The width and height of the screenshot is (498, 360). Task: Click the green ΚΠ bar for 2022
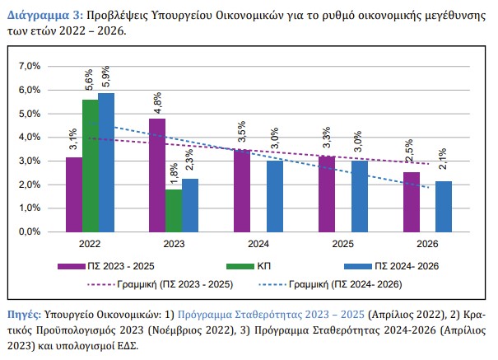point(90,165)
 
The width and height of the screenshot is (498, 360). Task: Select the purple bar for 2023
point(156,175)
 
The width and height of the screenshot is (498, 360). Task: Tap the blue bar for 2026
point(443,206)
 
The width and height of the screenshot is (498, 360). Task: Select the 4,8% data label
point(156,104)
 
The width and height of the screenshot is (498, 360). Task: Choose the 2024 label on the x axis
point(258,245)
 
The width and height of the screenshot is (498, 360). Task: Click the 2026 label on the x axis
point(426,245)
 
